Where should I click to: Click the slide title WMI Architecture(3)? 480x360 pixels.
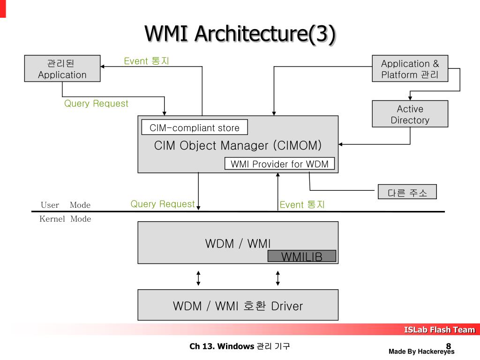point(240,34)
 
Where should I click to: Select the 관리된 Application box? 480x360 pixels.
point(62,68)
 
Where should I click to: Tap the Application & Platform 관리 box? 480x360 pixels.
point(410,68)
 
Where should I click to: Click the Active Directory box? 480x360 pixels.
point(410,114)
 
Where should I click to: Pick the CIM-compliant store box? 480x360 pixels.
point(195,127)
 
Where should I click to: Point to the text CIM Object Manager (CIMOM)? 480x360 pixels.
point(238,145)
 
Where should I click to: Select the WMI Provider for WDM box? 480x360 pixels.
point(279,164)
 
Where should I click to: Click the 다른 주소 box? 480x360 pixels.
point(407,192)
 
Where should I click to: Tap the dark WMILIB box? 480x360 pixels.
point(302,256)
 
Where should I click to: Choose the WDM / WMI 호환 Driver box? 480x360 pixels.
point(238,305)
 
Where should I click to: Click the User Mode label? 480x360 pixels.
point(66,205)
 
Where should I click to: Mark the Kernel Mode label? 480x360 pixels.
point(65,219)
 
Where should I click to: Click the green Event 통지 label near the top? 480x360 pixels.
point(146,61)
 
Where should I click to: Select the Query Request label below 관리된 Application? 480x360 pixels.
point(96,104)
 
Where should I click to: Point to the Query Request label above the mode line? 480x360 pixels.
point(163,204)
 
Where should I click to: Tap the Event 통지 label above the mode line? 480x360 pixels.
point(302,204)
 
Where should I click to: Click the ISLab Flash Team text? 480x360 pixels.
point(439,330)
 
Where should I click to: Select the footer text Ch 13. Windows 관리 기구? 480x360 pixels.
point(240,346)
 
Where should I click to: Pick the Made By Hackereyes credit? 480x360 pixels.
point(421,352)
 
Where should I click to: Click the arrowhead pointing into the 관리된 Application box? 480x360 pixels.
point(102,67)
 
